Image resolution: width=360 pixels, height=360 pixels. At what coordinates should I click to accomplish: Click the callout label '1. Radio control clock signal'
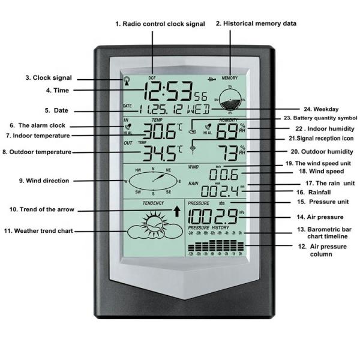(x=160, y=24)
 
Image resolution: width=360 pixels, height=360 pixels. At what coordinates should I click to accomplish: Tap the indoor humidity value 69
(x=225, y=131)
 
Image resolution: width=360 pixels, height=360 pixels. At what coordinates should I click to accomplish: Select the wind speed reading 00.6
(x=223, y=175)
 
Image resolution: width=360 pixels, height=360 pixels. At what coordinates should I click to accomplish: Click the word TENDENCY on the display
(x=152, y=203)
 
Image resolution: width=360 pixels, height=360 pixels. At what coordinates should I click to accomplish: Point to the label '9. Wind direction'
(x=44, y=181)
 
